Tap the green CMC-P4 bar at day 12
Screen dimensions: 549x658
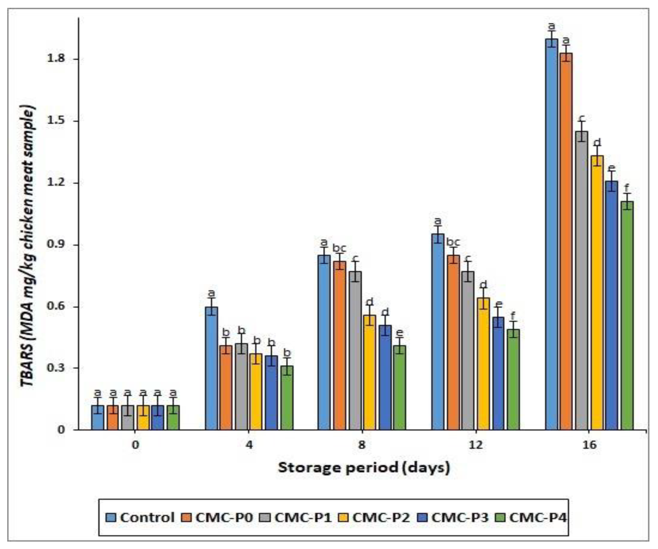(x=513, y=379)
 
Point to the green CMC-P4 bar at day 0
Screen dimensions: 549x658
(x=173, y=417)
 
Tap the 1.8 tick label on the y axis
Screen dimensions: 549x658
(x=56, y=59)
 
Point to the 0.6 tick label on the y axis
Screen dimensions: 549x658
(x=56, y=307)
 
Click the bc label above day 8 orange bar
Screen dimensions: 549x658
(x=339, y=248)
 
